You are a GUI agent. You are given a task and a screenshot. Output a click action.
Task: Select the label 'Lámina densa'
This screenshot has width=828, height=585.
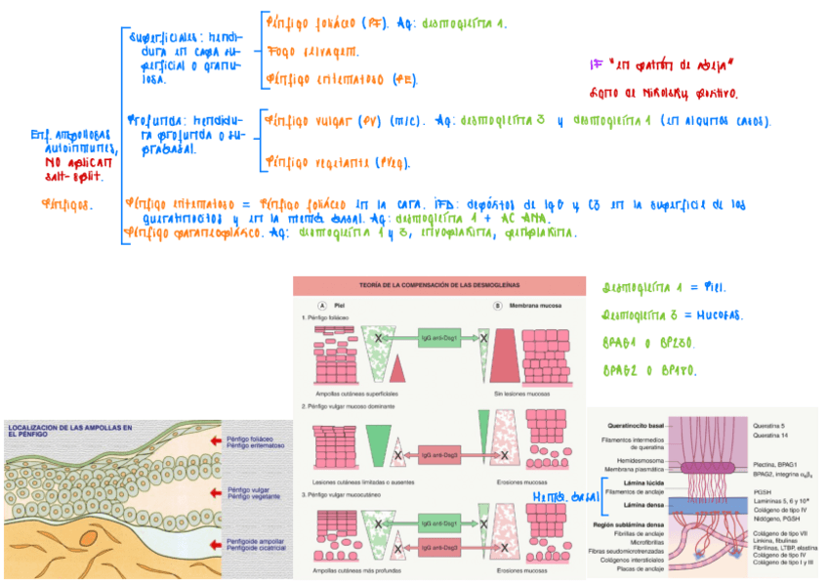[x=645, y=504]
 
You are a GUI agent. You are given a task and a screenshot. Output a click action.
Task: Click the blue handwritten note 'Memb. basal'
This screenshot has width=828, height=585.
[x=562, y=497]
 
